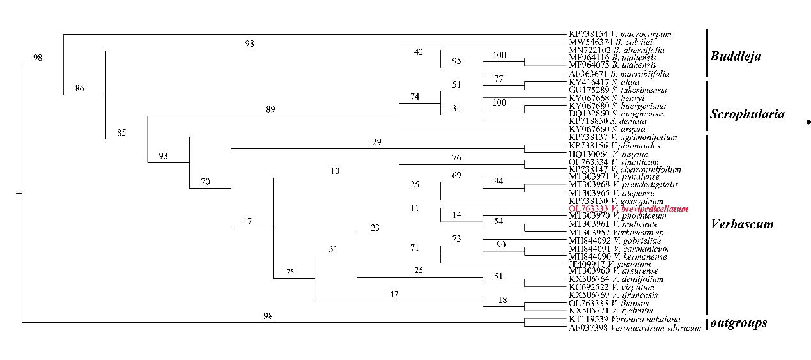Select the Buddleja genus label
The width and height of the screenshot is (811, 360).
pyautogui.click(x=736, y=56)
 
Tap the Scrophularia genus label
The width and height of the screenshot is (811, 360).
pyautogui.click(x=748, y=114)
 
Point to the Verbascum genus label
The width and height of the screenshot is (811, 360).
pyautogui.click(x=742, y=224)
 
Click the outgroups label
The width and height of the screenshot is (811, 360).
pyautogui.click(x=739, y=323)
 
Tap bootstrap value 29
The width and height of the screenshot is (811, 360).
pyautogui.click(x=376, y=142)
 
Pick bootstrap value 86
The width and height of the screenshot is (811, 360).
pyautogui.click(x=80, y=88)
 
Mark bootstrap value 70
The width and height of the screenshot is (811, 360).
pyautogui.click(x=206, y=182)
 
